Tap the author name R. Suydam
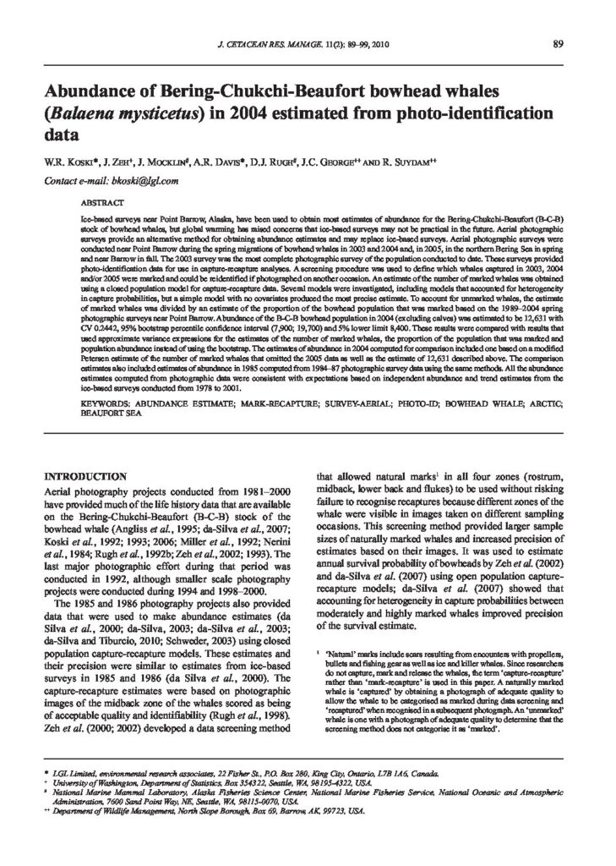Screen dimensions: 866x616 391,161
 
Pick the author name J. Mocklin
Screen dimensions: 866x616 148,161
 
